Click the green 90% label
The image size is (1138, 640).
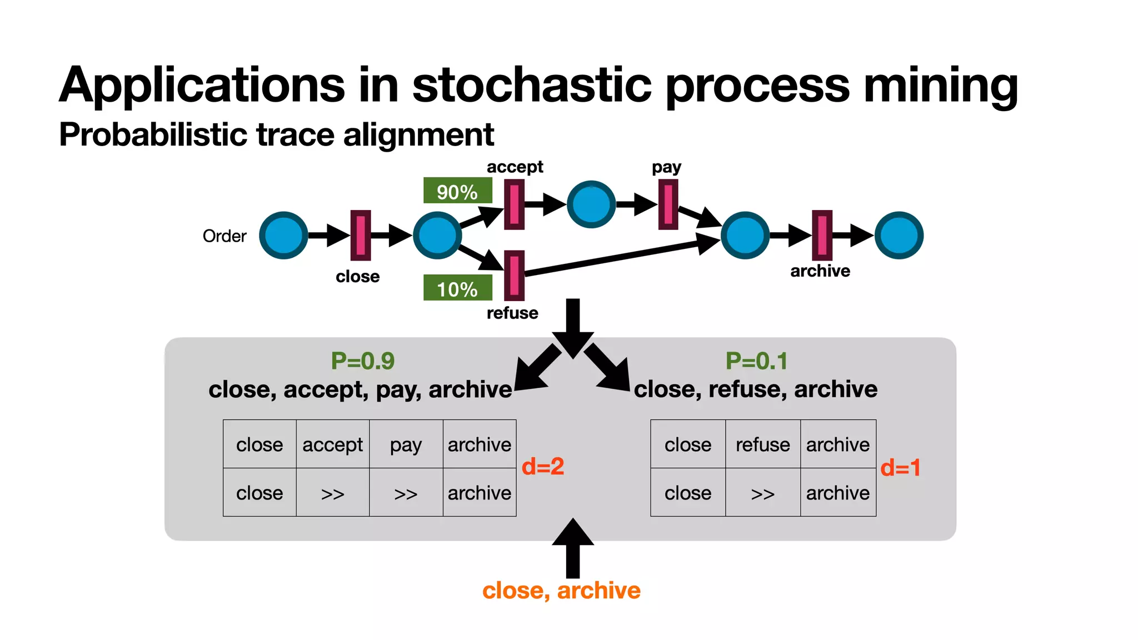click(457, 191)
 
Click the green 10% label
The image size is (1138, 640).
click(457, 288)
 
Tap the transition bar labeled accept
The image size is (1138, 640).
click(514, 204)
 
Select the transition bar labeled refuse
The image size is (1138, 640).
click(514, 276)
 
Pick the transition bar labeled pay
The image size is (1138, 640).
click(668, 204)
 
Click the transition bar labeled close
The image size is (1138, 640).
click(361, 236)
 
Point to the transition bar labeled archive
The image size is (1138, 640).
click(822, 236)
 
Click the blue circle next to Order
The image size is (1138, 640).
click(284, 236)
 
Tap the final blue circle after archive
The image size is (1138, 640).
click(899, 236)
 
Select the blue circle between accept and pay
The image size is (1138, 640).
click(591, 204)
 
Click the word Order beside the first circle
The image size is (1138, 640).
click(224, 236)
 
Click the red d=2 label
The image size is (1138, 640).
click(543, 466)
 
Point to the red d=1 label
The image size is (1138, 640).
click(900, 467)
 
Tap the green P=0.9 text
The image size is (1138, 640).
click(362, 361)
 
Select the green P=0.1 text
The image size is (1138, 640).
click(756, 361)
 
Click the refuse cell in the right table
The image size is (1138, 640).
click(762, 444)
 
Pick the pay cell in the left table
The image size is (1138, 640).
click(406, 444)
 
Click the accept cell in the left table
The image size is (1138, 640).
click(332, 444)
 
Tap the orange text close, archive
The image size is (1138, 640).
click(561, 590)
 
